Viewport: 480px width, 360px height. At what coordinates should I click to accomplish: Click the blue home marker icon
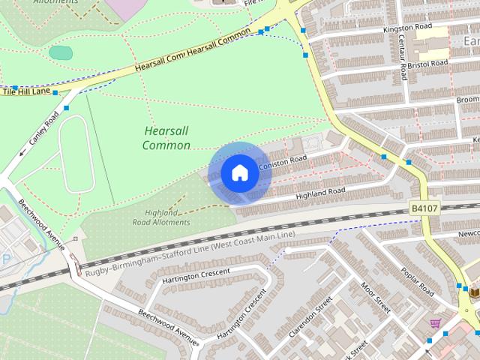239,173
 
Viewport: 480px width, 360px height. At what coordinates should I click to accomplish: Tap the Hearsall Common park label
166,138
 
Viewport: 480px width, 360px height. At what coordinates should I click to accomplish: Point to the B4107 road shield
424,208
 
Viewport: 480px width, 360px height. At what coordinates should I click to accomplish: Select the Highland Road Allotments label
161,217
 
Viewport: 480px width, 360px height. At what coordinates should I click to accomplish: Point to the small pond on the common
61,53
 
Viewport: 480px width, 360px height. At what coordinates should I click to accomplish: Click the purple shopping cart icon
435,323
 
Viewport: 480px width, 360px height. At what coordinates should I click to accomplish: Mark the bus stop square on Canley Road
66,108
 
